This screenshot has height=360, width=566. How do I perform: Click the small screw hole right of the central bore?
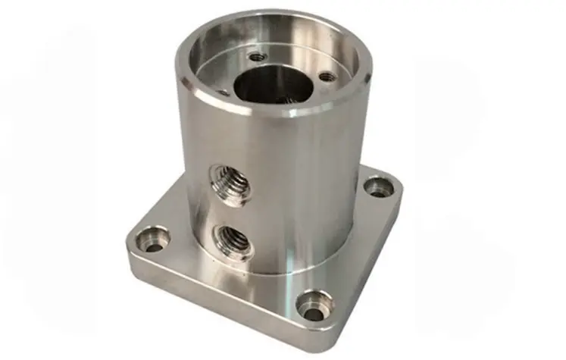[326, 77]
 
